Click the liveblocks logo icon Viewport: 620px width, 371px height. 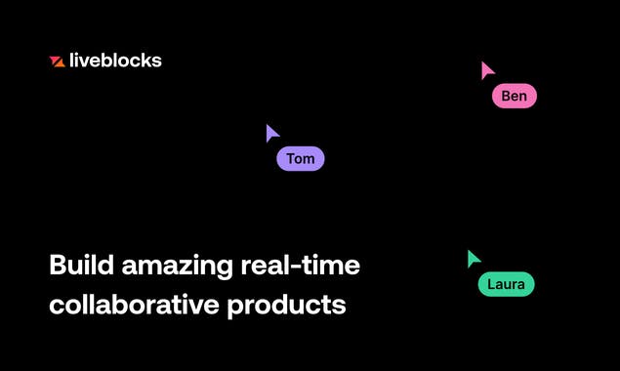pyautogui.click(x=57, y=62)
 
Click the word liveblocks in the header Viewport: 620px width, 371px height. pyautogui.click(x=115, y=61)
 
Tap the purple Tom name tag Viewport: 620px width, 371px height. pyautogui.click(x=300, y=159)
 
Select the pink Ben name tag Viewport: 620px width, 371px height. pyautogui.click(x=515, y=96)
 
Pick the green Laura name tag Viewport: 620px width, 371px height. pyautogui.click(x=506, y=285)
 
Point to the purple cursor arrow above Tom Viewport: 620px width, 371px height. pyautogui.click(x=271, y=133)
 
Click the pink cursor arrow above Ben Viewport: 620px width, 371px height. pyautogui.click(x=486, y=70)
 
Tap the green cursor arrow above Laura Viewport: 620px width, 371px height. pyautogui.click(x=473, y=259)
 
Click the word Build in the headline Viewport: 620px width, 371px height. pyautogui.click(x=77, y=265)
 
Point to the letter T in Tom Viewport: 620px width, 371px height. pyautogui.click(x=290, y=159)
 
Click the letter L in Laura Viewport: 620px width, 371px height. pyautogui.click(x=491, y=285)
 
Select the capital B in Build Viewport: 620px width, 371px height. pyautogui.click(x=57, y=265)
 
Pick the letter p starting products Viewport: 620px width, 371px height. pyautogui.click(x=234, y=309)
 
